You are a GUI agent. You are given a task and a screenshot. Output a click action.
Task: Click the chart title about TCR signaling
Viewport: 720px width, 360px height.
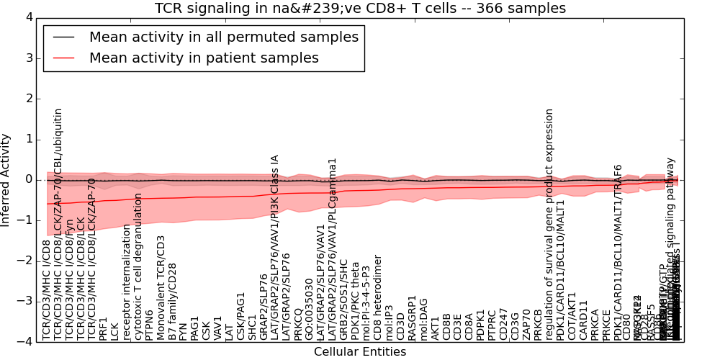click(x=360, y=8)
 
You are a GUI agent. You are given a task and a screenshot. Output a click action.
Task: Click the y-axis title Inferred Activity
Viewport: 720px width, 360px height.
click(x=6, y=179)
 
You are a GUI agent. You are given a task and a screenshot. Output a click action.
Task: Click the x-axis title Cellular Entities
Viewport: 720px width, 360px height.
click(x=360, y=352)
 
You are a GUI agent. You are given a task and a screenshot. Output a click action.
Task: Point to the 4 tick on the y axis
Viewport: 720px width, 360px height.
click(x=28, y=17)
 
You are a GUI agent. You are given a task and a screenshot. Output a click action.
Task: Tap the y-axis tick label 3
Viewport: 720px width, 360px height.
click(x=28, y=58)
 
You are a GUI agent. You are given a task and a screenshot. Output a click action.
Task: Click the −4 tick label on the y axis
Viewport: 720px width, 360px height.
click(x=25, y=341)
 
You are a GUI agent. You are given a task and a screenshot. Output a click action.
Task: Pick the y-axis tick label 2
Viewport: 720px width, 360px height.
click(x=28, y=98)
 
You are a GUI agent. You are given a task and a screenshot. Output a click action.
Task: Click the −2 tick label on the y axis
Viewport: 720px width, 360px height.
click(x=25, y=261)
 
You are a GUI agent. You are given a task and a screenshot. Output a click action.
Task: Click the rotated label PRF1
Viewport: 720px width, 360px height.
click(x=103, y=328)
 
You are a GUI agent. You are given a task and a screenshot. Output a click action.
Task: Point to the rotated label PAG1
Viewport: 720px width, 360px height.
click(x=194, y=327)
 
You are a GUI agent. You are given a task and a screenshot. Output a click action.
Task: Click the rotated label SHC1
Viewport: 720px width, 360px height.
click(x=252, y=326)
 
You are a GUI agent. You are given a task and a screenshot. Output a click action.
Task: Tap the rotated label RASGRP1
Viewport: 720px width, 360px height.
click(x=412, y=318)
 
